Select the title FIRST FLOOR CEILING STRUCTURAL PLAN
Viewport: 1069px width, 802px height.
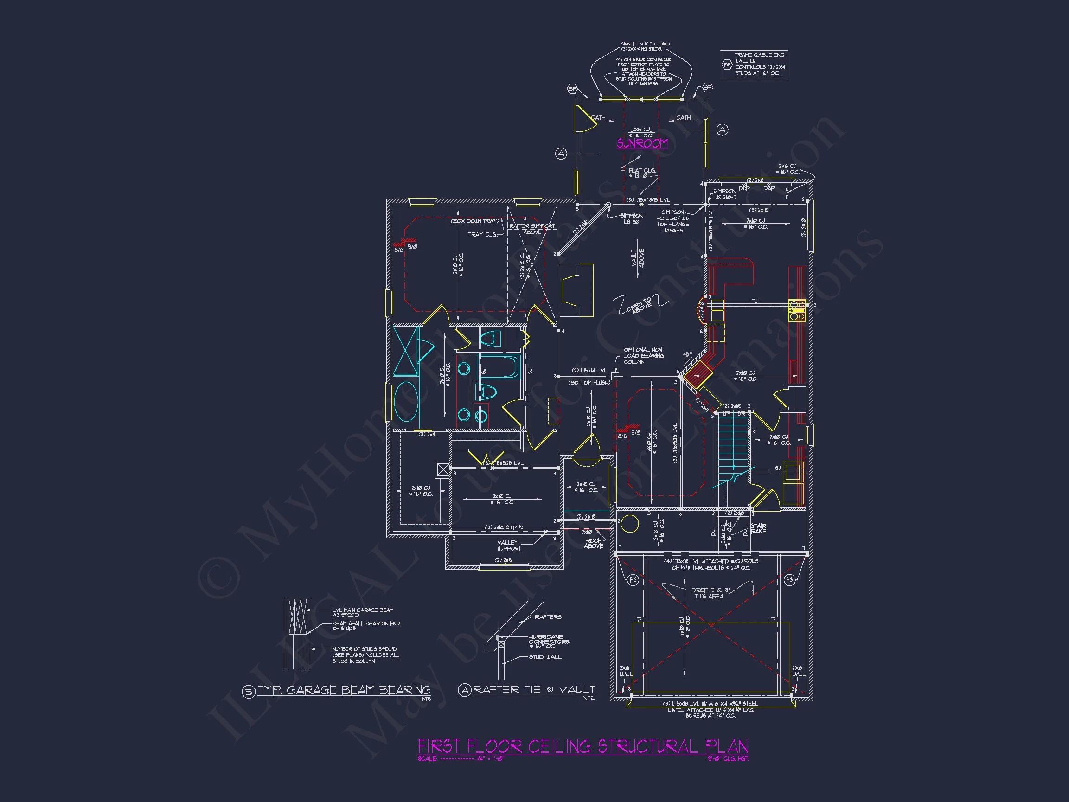click(x=583, y=746)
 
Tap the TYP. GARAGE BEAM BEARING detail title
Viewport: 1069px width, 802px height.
click(x=344, y=690)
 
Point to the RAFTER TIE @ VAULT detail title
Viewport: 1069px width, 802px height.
click(x=533, y=689)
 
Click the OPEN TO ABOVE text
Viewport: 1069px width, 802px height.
click(x=640, y=306)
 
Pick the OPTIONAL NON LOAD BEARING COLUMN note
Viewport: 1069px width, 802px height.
click(x=643, y=356)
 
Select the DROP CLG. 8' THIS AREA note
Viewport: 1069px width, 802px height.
click(x=710, y=593)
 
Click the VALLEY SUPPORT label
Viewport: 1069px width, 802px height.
click(x=508, y=545)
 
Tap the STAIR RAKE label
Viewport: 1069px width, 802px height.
click(x=758, y=528)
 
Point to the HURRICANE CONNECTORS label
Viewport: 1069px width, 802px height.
click(x=549, y=642)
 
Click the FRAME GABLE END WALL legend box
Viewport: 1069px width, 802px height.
click(x=754, y=64)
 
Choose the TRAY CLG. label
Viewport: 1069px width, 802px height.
click(x=482, y=234)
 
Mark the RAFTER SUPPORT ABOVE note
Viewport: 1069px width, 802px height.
click(x=532, y=229)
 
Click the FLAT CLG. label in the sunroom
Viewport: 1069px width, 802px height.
click(x=642, y=172)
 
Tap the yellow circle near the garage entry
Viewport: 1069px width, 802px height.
click(x=630, y=524)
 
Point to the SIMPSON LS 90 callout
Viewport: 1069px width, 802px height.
click(x=631, y=218)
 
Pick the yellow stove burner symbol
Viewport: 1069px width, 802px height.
click(x=796, y=310)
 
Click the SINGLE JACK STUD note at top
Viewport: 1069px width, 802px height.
click(x=645, y=46)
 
